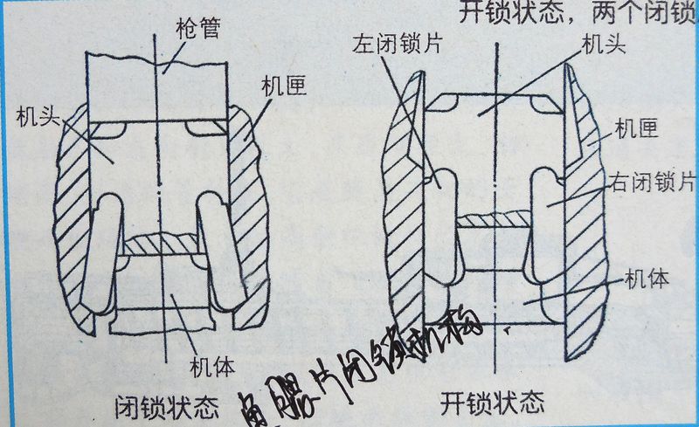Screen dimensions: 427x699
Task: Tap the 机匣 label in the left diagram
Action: (x=281, y=86)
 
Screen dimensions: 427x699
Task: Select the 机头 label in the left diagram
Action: (x=32, y=114)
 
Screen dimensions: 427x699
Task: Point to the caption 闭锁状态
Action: (x=167, y=405)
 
